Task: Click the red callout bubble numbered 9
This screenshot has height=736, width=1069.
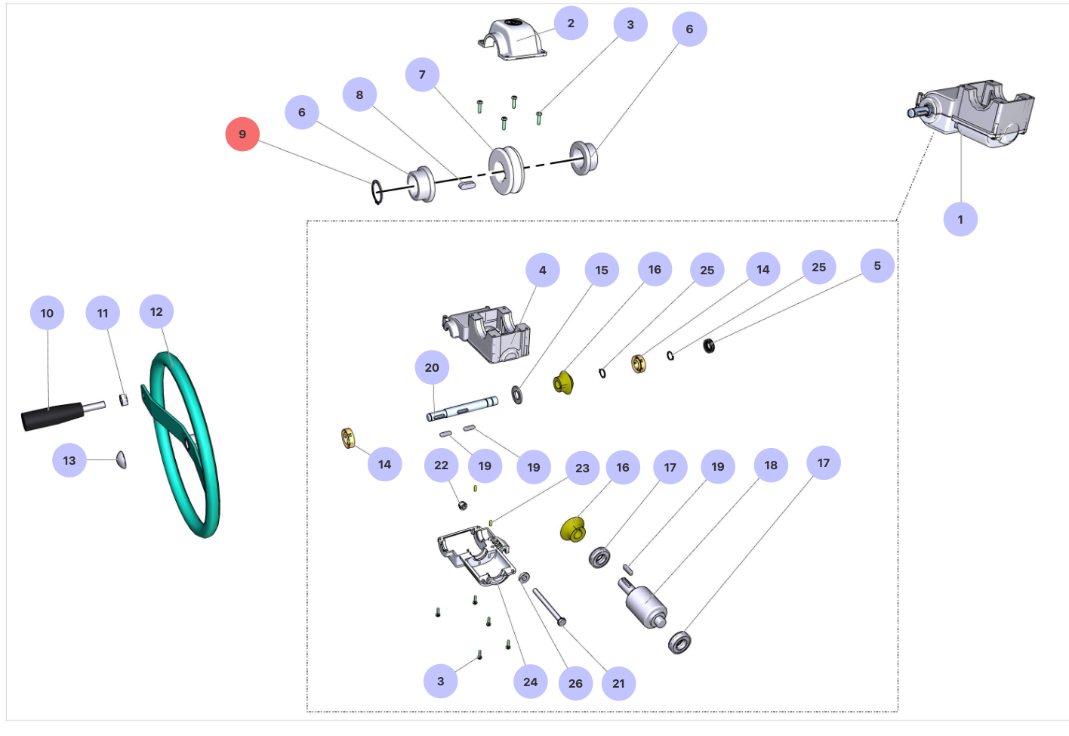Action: tap(242, 135)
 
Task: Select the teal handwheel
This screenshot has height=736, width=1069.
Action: tap(186, 446)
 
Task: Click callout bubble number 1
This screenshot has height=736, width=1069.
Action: tap(960, 220)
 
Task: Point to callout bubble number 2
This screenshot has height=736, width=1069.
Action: tap(571, 23)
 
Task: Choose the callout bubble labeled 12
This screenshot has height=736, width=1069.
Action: tap(156, 312)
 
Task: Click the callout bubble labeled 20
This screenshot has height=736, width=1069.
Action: tap(432, 368)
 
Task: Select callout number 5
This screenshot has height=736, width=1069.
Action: tap(877, 266)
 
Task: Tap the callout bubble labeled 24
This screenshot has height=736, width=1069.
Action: tap(531, 682)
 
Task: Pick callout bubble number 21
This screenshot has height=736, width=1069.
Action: tap(618, 684)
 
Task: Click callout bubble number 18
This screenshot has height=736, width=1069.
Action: tap(771, 465)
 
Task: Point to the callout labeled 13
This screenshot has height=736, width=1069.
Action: tap(69, 461)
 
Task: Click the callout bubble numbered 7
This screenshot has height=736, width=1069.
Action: tap(422, 75)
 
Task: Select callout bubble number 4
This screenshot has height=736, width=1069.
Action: tap(543, 271)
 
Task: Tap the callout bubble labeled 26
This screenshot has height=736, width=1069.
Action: tap(575, 684)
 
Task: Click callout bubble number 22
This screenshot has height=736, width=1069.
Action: tap(442, 465)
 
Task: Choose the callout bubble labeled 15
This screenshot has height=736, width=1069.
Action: tap(602, 271)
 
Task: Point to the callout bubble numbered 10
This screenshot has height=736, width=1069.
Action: tap(47, 314)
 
